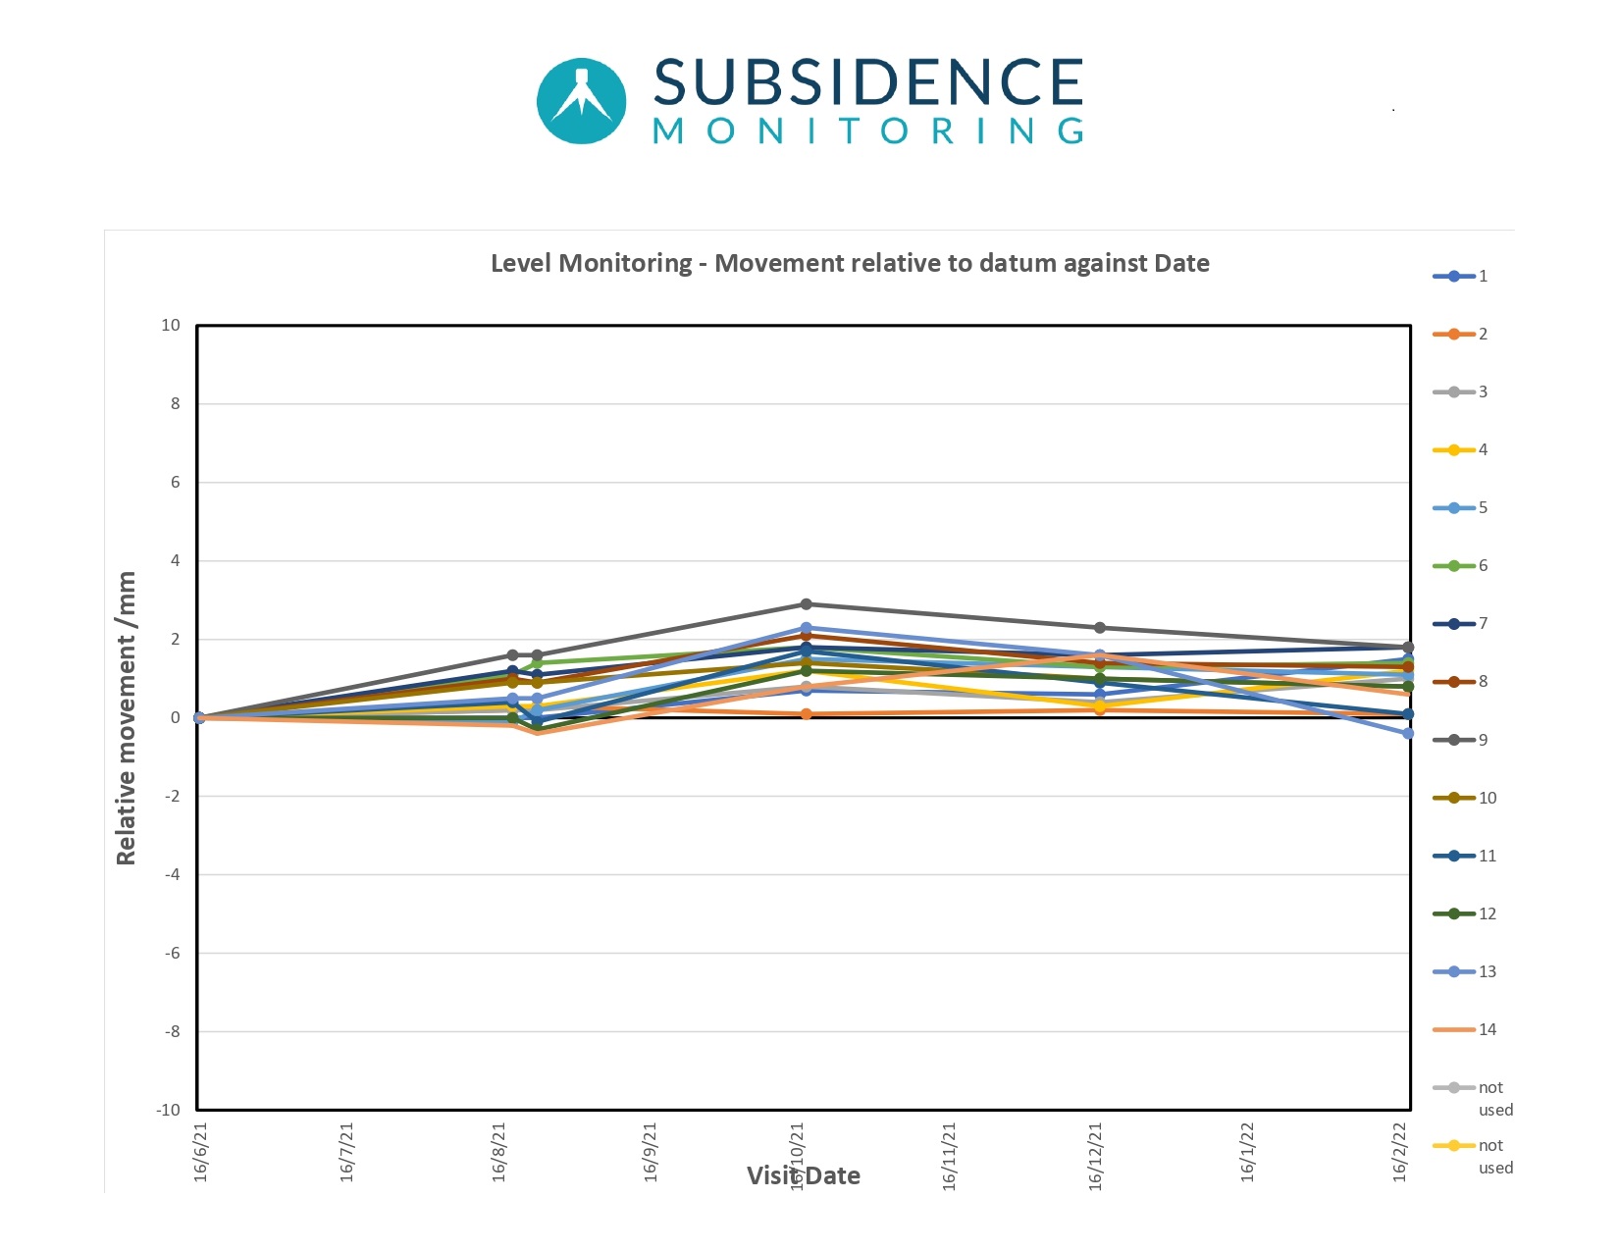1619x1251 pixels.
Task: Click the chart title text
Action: pos(850,263)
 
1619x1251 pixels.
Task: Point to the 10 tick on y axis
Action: pos(171,325)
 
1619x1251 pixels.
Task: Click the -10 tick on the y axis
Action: pos(169,1110)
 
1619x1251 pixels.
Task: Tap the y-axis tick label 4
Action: pos(176,560)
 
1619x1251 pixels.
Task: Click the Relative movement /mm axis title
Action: pos(126,717)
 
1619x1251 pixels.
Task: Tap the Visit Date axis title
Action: pos(804,1175)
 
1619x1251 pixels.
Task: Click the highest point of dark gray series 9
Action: pos(807,604)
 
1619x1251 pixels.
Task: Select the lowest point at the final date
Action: pos(1408,733)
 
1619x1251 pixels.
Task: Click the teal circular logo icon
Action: pos(582,101)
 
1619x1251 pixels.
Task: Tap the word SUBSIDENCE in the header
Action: pos(868,82)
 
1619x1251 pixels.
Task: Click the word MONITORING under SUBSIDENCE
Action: pos(868,131)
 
